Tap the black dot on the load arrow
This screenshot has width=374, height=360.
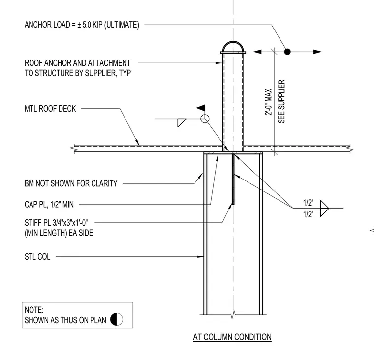(x=287, y=52)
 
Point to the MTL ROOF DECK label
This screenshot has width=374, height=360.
(x=50, y=109)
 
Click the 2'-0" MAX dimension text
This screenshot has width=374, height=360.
(x=269, y=102)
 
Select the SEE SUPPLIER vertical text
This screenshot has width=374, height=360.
(x=281, y=101)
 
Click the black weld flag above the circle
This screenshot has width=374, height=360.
(x=201, y=108)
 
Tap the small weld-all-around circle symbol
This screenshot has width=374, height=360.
(x=205, y=119)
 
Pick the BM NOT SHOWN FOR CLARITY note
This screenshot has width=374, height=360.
(x=71, y=183)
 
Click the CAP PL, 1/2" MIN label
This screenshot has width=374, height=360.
(x=49, y=204)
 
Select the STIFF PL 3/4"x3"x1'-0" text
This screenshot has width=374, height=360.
(x=56, y=223)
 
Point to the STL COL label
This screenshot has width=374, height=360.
(x=37, y=257)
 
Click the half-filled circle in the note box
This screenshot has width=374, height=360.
(x=117, y=319)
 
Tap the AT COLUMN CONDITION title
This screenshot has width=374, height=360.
(x=232, y=337)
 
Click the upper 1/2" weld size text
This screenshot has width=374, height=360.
(x=308, y=203)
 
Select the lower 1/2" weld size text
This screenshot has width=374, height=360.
(x=308, y=214)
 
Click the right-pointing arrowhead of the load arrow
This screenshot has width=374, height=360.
(x=317, y=52)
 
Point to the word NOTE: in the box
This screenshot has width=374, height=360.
(x=34, y=310)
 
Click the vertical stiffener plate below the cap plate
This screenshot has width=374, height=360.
(x=233, y=179)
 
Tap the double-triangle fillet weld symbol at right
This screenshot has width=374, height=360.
(x=324, y=209)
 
